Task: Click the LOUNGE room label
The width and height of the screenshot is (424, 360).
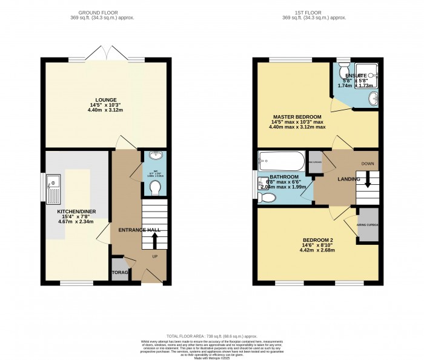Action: click(105, 99)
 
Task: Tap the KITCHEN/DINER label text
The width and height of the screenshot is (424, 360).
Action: click(76, 212)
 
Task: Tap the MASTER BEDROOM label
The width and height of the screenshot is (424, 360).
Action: click(297, 116)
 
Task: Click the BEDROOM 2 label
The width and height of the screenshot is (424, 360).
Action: click(318, 240)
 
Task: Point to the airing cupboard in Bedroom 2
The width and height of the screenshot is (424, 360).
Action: click(367, 224)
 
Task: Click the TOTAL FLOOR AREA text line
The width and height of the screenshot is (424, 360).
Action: click(211, 336)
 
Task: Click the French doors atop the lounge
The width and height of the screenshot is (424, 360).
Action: click(107, 55)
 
